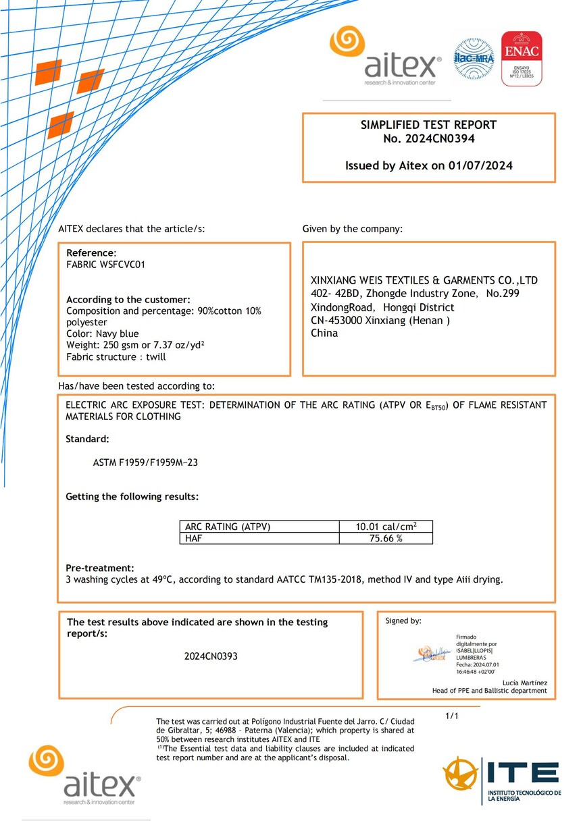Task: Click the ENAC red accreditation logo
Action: [x=521, y=59]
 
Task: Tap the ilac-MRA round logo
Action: [x=474, y=59]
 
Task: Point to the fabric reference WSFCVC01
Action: [x=122, y=265]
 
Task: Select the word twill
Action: [x=155, y=356]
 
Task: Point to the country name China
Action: [x=324, y=333]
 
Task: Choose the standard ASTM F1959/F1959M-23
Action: [x=145, y=463]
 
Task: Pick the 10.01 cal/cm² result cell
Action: [x=386, y=527]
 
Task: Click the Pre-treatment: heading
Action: [x=99, y=568]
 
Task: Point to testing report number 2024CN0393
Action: [x=211, y=656]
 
